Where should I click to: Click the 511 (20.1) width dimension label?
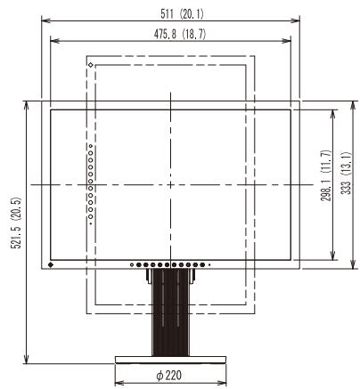click(x=182, y=13)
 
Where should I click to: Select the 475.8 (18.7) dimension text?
click(x=180, y=34)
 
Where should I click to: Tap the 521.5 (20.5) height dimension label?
click(x=17, y=223)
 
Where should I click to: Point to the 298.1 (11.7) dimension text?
click(x=326, y=175)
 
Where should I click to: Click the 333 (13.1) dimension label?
click(x=346, y=173)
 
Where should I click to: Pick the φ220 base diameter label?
click(x=168, y=376)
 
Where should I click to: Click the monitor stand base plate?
click(x=170, y=360)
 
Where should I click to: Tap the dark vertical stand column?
click(x=170, y=312)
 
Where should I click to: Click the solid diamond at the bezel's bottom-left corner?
click(x=51, y=264)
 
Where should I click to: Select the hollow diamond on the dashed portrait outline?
click(x=91, y=65)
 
